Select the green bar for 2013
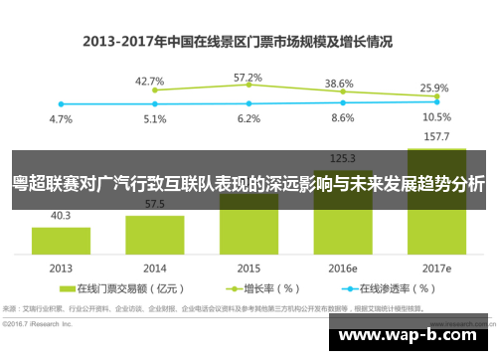pyautogui.click(x=61, y=240)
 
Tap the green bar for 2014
pyautogui.click(x=154, y=234)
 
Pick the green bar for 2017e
pyautogui.click(x=436, y=209)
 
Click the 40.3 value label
pyautogui.click(x=61, y=215)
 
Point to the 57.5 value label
pyautogui.click(x=154, y=204)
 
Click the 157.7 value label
pyautogui.click(x=436, y=135)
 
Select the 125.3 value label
pyautogui.click(x=342, y=156)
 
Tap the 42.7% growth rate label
pyautogui.click(x=150, y=81)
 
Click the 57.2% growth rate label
pyautogui.click(x=248, y=77)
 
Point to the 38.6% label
pyautogui.click(x=340, y=84)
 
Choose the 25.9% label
pyautogui.click(x=434, y=88)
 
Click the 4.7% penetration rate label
pyautogui.click(x=61, y=119)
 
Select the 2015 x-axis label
pyautogui.click(x=248, y=269)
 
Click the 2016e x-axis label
pyautogui.click(x=342, y=269)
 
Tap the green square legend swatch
pyautogui.click(x=68, y=289)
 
